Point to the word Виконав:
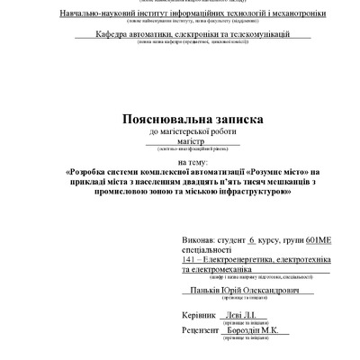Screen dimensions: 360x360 (x=198, y=242)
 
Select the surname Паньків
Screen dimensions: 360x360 (x=210, y=292)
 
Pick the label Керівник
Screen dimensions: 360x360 (x=199, y=316)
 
